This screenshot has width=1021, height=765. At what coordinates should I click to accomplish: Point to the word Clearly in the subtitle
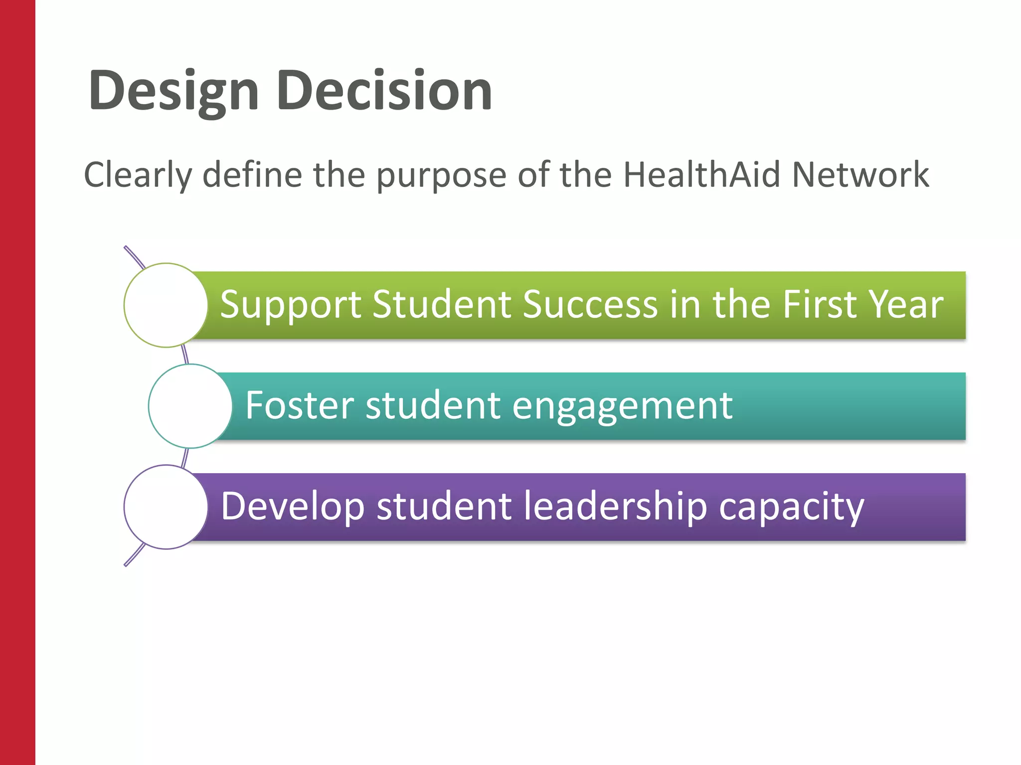click(x=138, y=175)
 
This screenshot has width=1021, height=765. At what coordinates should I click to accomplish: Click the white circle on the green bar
click(x=166, y=305)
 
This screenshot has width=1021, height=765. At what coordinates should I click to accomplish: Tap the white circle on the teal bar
click(x=190, y=406)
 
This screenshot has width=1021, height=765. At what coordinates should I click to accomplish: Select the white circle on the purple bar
click(x=166, y=507)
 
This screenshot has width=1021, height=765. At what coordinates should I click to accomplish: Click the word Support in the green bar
click(x=291, y=305)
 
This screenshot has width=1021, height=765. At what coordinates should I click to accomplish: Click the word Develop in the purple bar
click(x=293, y=507)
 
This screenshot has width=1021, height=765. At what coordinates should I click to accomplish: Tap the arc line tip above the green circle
click(x=126, y=248)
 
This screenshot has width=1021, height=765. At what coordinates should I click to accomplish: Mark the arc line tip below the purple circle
click(x=126, y=565)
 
